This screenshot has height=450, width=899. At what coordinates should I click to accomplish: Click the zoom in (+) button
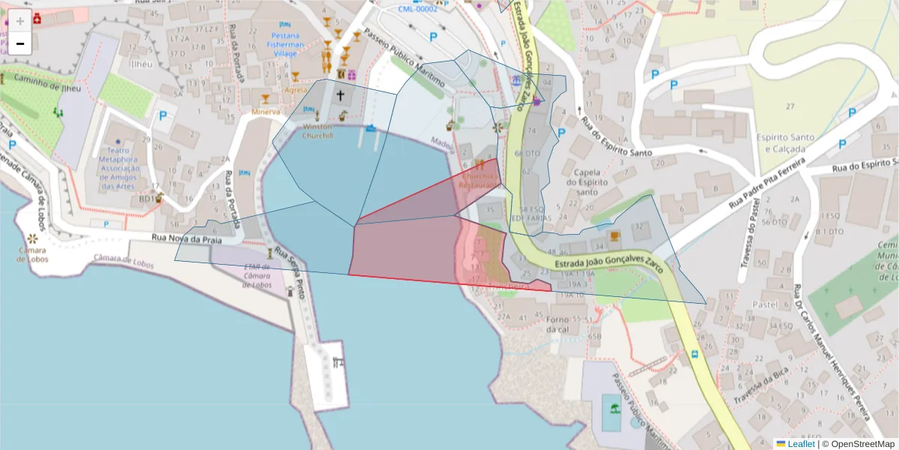pyautogui.click(x=20, y=21)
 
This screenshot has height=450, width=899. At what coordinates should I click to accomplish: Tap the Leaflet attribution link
pyautogui.click(x=799, y=444)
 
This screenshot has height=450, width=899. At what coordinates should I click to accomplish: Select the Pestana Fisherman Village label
pyautogui.click(x=285, y=44)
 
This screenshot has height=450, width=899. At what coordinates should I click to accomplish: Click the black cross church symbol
pyautogui.click(x=341, y=95)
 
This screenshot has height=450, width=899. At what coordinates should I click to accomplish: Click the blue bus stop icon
pyautogui.click(x=694, y=353)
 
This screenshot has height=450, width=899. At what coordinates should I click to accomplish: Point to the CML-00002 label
pyautogui.click(x=417, y=8)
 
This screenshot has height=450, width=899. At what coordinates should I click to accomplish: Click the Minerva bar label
pyautogui.click(x=266, y=112)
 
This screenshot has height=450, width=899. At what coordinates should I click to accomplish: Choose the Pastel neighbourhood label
pyautogui.click(x=764, y=305)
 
